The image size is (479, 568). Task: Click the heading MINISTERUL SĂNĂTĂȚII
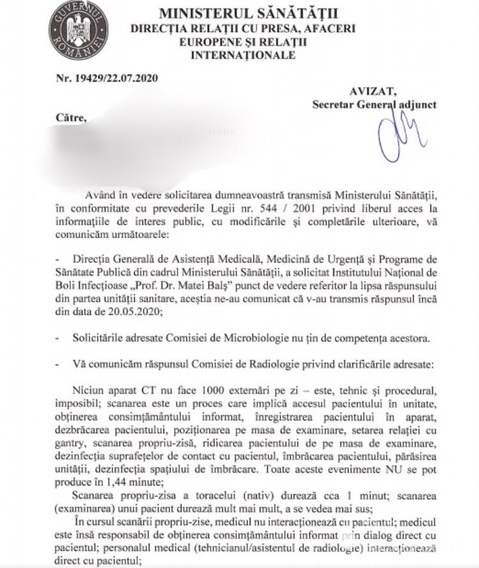click(248, 14)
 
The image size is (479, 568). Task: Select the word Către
click(70, 118)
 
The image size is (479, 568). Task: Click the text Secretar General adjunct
click(374, 104)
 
